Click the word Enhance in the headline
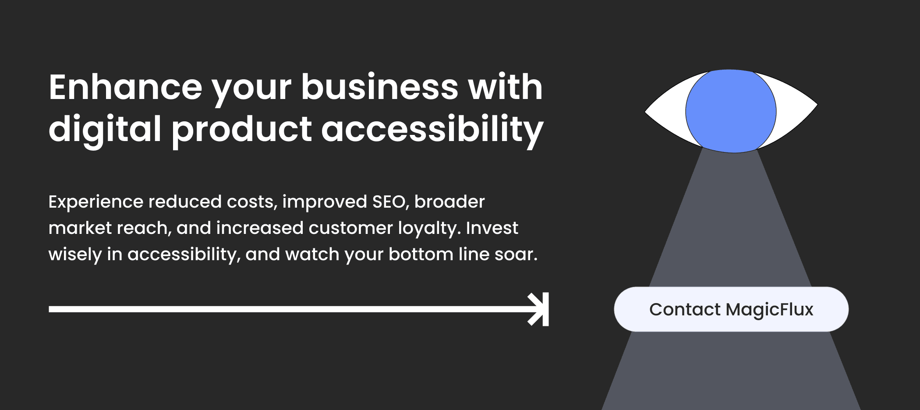click(126, 87)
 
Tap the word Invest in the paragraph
click(492, 228)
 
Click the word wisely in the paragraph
click(75, 255)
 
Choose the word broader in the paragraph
click(449, 201)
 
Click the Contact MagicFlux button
click(731, 309)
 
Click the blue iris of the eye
click(731, 111)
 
